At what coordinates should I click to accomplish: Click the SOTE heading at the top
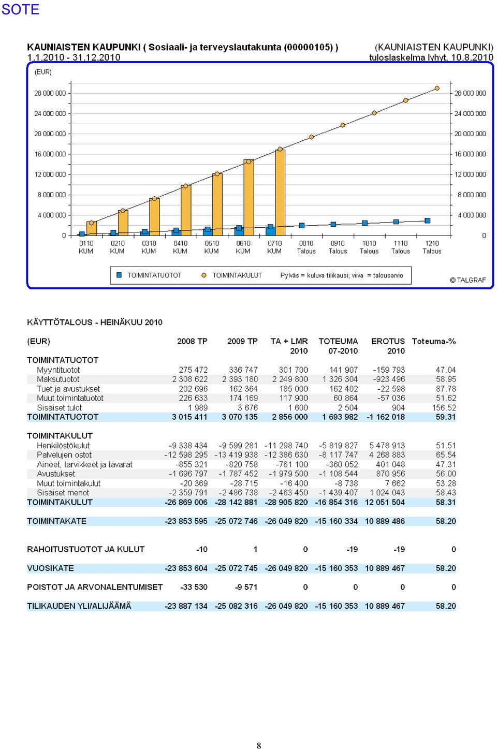pyautogui.click(x=20, y=9)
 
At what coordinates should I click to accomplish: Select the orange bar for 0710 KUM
pyautogui.click(x=280, y=192)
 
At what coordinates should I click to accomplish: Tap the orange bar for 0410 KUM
pyautogui.click(x=186, y=210)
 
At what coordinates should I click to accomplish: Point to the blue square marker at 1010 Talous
pyautogui.click(x=364, y=223)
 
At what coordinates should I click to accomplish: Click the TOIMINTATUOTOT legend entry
pyautogui.click(x=149, y=275)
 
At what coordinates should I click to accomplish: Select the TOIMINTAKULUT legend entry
pyautogui.click(x=232, y=275)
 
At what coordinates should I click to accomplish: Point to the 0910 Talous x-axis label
pyautogui.click(x=338, y=247)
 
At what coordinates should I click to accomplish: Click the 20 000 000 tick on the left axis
pyautogui.click(x=50, y=134)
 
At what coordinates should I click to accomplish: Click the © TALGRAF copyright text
pyautogui.click(x=467, y=280)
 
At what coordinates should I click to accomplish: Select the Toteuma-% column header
pyautogui.click(x=434, y=341)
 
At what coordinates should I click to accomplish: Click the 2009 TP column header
pyautogui.click(x=242, y=341)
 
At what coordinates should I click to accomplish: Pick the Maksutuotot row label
pyautogui.click(x=58, y=379)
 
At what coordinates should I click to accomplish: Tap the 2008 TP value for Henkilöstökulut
pyautogui.click(x=188, y=445)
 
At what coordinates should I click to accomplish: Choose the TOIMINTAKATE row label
pyautogui.click(x=56, y=521)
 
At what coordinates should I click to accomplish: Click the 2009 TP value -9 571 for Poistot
pyautogui.click(x=246, y=587)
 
